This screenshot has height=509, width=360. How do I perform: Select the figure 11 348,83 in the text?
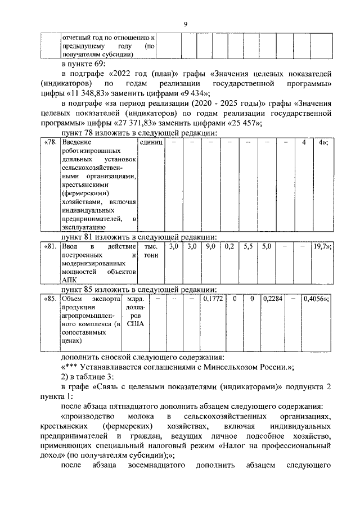click(95, 93)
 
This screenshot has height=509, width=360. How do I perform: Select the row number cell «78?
click(51, 143)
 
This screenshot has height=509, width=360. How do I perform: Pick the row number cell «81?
click(51, 247)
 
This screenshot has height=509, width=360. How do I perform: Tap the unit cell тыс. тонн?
click(151, 251)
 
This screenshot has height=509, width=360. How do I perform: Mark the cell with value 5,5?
click(248, 247)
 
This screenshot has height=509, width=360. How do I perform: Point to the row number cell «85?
click(51, 299)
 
